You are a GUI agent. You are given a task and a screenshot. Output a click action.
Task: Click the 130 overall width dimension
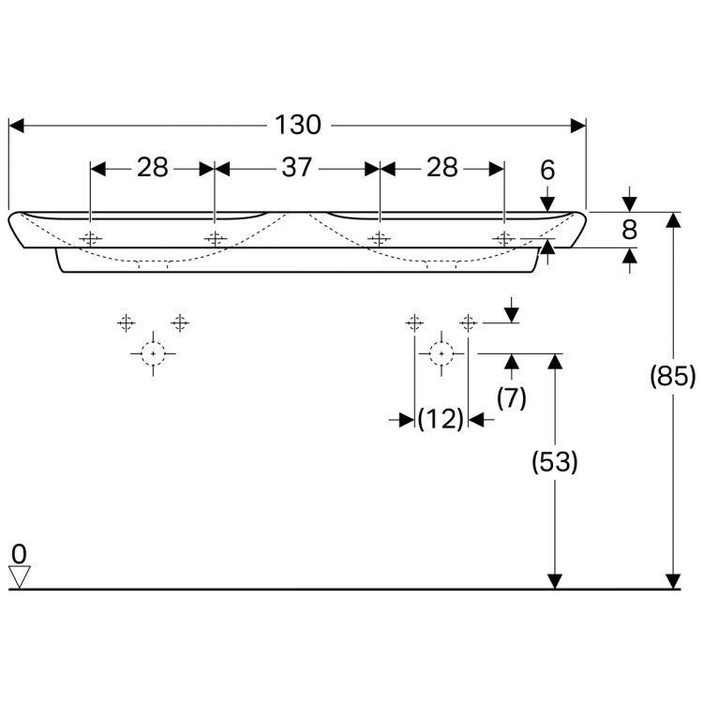point(298,125)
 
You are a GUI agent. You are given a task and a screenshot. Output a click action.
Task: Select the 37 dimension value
point(296,168)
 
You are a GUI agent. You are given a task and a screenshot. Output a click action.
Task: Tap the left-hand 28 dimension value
point(153,168)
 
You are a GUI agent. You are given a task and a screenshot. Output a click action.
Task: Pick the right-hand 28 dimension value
point(442,168)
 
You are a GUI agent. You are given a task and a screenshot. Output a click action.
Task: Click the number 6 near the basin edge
point(547,171)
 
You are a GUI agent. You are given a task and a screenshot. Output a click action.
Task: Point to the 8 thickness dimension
point(630,230)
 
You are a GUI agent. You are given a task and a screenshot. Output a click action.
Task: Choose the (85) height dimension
point(673,376)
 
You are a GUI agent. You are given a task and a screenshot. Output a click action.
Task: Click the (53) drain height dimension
point(555,462)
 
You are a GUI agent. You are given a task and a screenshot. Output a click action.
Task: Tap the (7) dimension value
point(511,397)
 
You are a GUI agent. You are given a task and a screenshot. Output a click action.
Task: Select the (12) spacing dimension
point(441,419)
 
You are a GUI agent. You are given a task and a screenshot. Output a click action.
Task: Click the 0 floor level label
point(19,554)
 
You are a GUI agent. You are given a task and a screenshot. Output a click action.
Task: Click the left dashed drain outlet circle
point(154,353)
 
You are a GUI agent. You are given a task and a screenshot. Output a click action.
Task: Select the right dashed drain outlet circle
point(441,353)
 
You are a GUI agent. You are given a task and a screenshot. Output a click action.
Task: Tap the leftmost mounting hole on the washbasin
point(91,238)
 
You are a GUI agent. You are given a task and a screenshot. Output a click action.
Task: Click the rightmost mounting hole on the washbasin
point(504,238)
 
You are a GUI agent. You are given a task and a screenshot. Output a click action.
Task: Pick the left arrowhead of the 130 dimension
point(16,126)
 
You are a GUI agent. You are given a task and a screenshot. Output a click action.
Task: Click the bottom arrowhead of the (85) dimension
point(673,581)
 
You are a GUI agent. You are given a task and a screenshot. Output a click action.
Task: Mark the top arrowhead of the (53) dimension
point(555,362)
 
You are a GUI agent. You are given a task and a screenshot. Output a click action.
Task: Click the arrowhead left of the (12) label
point(407,420)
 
